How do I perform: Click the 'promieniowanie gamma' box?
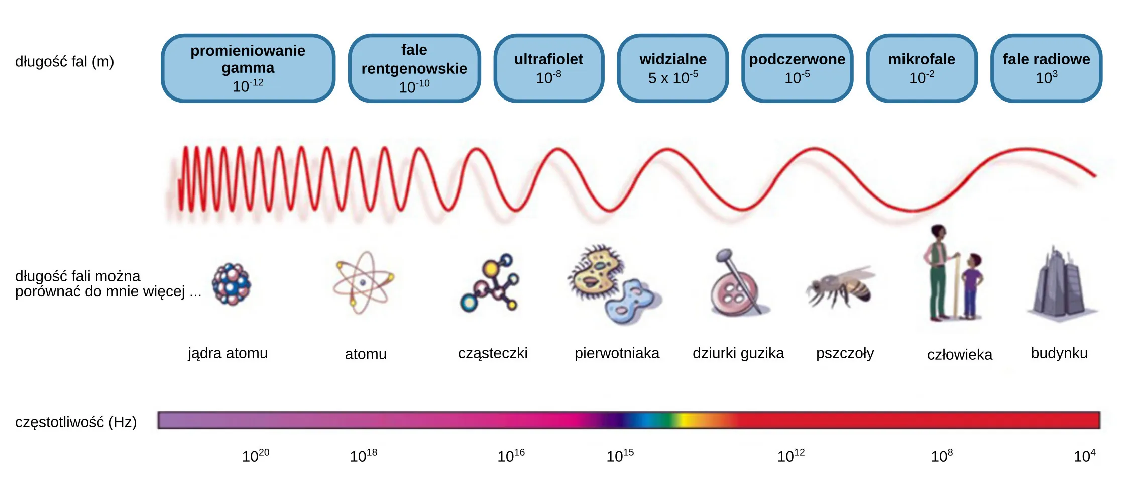coord(248,68)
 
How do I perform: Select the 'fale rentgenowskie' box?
coord(414,68)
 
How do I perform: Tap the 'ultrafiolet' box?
coord(549,68)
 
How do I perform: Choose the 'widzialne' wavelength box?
coord(673,68)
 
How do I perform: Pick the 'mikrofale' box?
coord(922,68)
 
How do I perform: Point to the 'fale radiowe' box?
coord(1047,68)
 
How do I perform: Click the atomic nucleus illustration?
coord(232,284)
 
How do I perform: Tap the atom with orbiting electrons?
coord(363,283)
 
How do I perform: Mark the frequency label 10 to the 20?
coord(256,455)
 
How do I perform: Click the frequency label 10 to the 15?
coord(620,455)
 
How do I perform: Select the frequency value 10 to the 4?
coord(1084,455)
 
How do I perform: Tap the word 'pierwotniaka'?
coord(617,353)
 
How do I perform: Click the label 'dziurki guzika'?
coord(738,353)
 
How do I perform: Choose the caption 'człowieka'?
coord(959,355)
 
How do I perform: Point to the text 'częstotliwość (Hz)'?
coord(76,422)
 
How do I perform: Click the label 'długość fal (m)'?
coord(65,62)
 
